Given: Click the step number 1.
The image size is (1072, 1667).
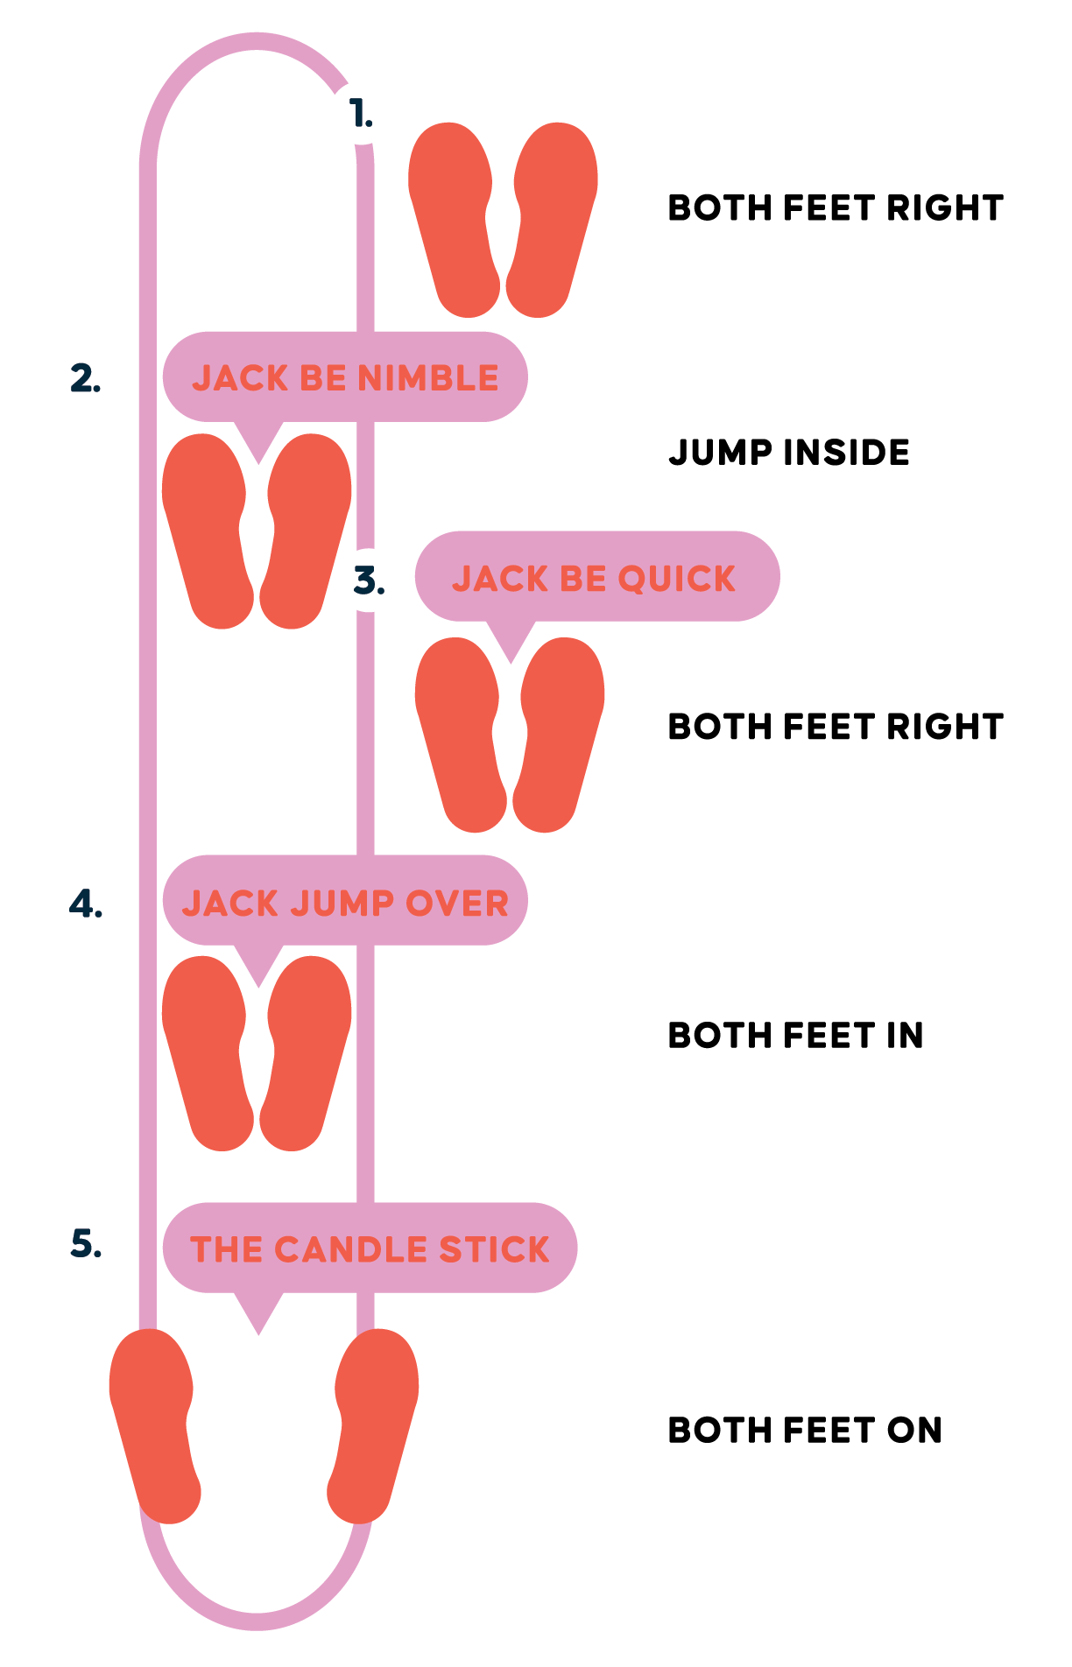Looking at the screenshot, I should pos(360,114).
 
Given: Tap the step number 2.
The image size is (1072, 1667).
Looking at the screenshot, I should pos(85,378).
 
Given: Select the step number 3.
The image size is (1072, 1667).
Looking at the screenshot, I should pos(369,580).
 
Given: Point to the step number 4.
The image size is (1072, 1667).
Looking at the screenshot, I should pos(86,904).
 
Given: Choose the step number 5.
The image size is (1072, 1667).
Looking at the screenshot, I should pos(86,1243).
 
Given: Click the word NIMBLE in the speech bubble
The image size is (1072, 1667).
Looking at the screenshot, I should pos(428,378).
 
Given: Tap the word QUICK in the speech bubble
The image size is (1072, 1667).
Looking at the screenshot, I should pos(677,579).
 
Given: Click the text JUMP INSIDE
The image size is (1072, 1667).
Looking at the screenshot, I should pos(789,453).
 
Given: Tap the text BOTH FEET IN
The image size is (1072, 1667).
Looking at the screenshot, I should pos(795,1036).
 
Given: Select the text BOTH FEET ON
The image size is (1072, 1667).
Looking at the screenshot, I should pos(804,1431).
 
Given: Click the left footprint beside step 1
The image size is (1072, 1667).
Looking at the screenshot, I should pos(454,219).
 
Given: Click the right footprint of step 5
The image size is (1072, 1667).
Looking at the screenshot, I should pos(373,1425).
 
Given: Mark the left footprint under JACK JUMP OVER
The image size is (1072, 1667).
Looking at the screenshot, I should pos(208,1052).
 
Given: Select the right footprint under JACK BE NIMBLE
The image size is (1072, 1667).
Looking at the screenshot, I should pos(306,531).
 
